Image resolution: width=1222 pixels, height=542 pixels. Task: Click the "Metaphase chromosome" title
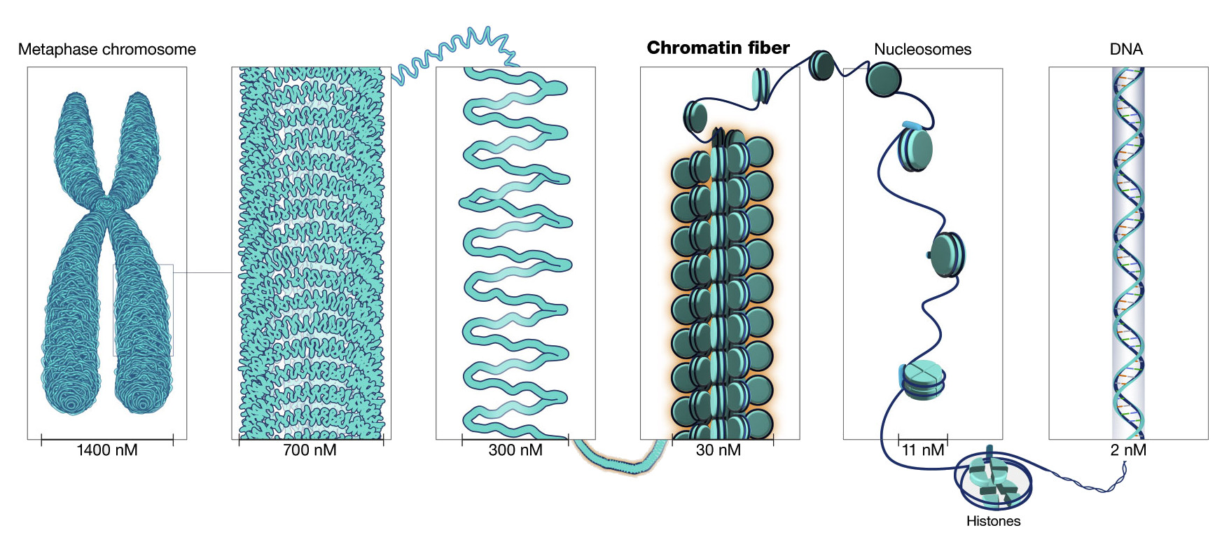[x=106, y=49]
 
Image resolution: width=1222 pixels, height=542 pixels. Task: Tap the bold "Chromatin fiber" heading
[x=718, y=48]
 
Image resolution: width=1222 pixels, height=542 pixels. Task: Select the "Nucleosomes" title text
[x=922, y=49]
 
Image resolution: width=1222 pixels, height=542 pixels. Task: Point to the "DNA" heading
[x=1126, y=49]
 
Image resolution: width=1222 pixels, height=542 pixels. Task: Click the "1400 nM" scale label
[x=106, y=450]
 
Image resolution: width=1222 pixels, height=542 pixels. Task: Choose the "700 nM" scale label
[x=310, y=450]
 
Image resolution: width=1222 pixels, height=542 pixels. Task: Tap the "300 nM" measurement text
[x=515, y=450]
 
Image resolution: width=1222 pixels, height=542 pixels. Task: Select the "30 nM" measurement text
[x=718, y=450]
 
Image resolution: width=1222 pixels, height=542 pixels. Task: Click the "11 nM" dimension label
[x=923, y=450]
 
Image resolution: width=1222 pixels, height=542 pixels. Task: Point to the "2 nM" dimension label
[x=1127, y=450]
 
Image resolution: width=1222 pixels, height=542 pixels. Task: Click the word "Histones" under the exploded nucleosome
[x=993, y=521]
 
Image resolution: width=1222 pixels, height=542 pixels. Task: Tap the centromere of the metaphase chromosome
[x=106, y=204]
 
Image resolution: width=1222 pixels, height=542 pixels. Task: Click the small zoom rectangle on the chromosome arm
[x=144, y=310]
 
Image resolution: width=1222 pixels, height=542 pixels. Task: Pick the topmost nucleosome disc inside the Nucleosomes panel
[x=915, y=148]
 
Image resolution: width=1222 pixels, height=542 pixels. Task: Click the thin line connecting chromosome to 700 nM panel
[x=202, y=272]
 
